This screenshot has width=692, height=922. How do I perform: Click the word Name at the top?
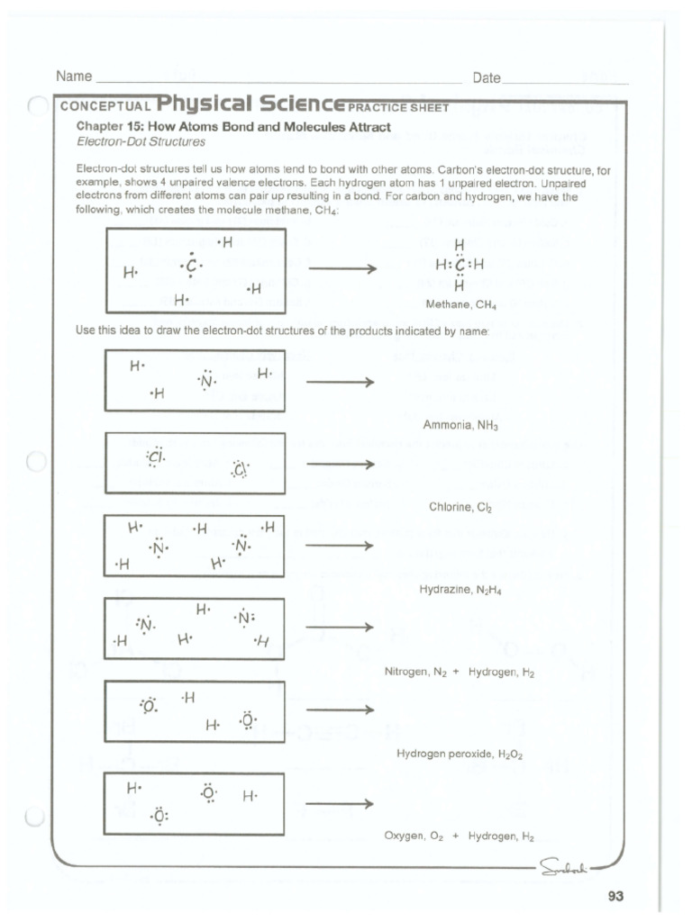[74, 77]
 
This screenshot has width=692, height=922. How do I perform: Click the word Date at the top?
[487, 78]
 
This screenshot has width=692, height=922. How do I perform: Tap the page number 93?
[615, 896]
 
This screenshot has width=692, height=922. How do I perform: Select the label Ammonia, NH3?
[460, 424]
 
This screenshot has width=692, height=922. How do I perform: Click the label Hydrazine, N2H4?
[460, 590]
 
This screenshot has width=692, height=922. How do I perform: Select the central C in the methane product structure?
[460, 266]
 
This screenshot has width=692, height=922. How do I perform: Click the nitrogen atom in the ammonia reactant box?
[208, 382]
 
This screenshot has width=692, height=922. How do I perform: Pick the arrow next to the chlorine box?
[339, 465]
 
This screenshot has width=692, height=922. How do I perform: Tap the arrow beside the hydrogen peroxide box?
[339, 710]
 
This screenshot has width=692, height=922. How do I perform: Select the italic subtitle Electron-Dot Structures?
[141, 142]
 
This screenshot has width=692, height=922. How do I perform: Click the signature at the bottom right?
[563, 867]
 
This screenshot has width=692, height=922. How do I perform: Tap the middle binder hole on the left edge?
[35, 463]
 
